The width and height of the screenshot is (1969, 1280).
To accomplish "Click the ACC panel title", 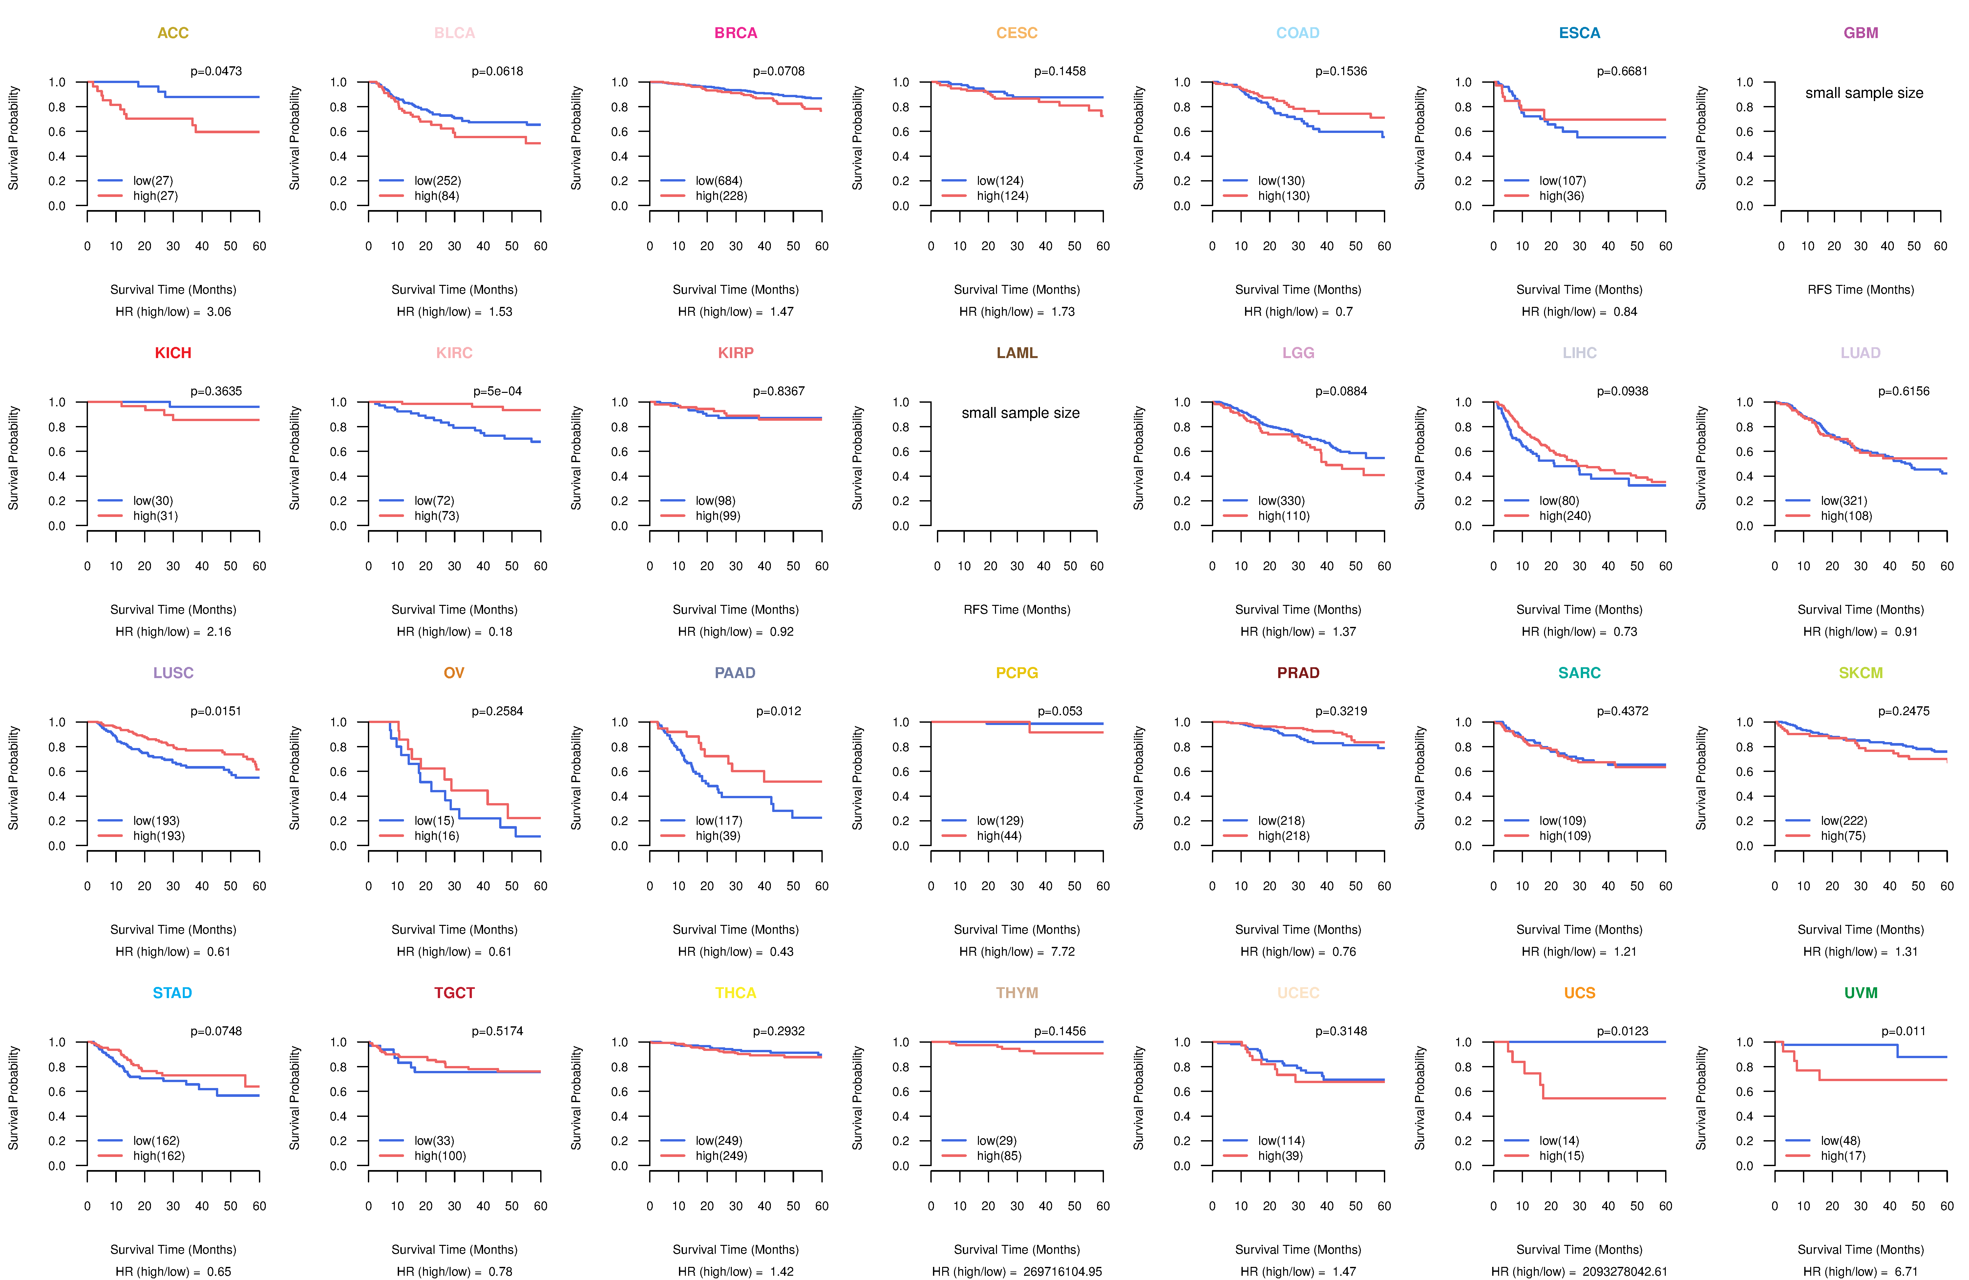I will click(x=173, y=33).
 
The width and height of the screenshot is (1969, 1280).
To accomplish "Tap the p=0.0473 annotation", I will click(x=216, y=71).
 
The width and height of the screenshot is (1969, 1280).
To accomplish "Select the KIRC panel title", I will click(x=454, y=353).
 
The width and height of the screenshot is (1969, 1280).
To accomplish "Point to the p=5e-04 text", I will click(x=497, y=391).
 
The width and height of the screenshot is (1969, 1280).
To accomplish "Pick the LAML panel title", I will click(x=1017, y=353).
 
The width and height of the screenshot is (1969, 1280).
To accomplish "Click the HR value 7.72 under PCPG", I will click(x=1062, y=951).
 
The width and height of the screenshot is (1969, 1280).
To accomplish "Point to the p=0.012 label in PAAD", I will click(x=778, y=712).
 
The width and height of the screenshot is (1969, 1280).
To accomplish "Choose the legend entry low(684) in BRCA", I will click(x=718, y=181).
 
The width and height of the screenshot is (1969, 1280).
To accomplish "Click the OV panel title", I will click(x=454, y=673).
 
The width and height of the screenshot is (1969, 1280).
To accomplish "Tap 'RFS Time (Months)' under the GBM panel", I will click(x=1861, y=289).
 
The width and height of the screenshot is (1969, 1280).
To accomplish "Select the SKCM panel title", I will click(x=1861, y=673).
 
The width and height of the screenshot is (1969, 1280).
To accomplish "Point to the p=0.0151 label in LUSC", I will click(x=216, y=712).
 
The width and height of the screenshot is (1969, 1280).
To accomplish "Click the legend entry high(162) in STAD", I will click(x=158, y=1156).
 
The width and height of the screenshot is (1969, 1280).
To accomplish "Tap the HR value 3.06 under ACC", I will click(x=219, y=312).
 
